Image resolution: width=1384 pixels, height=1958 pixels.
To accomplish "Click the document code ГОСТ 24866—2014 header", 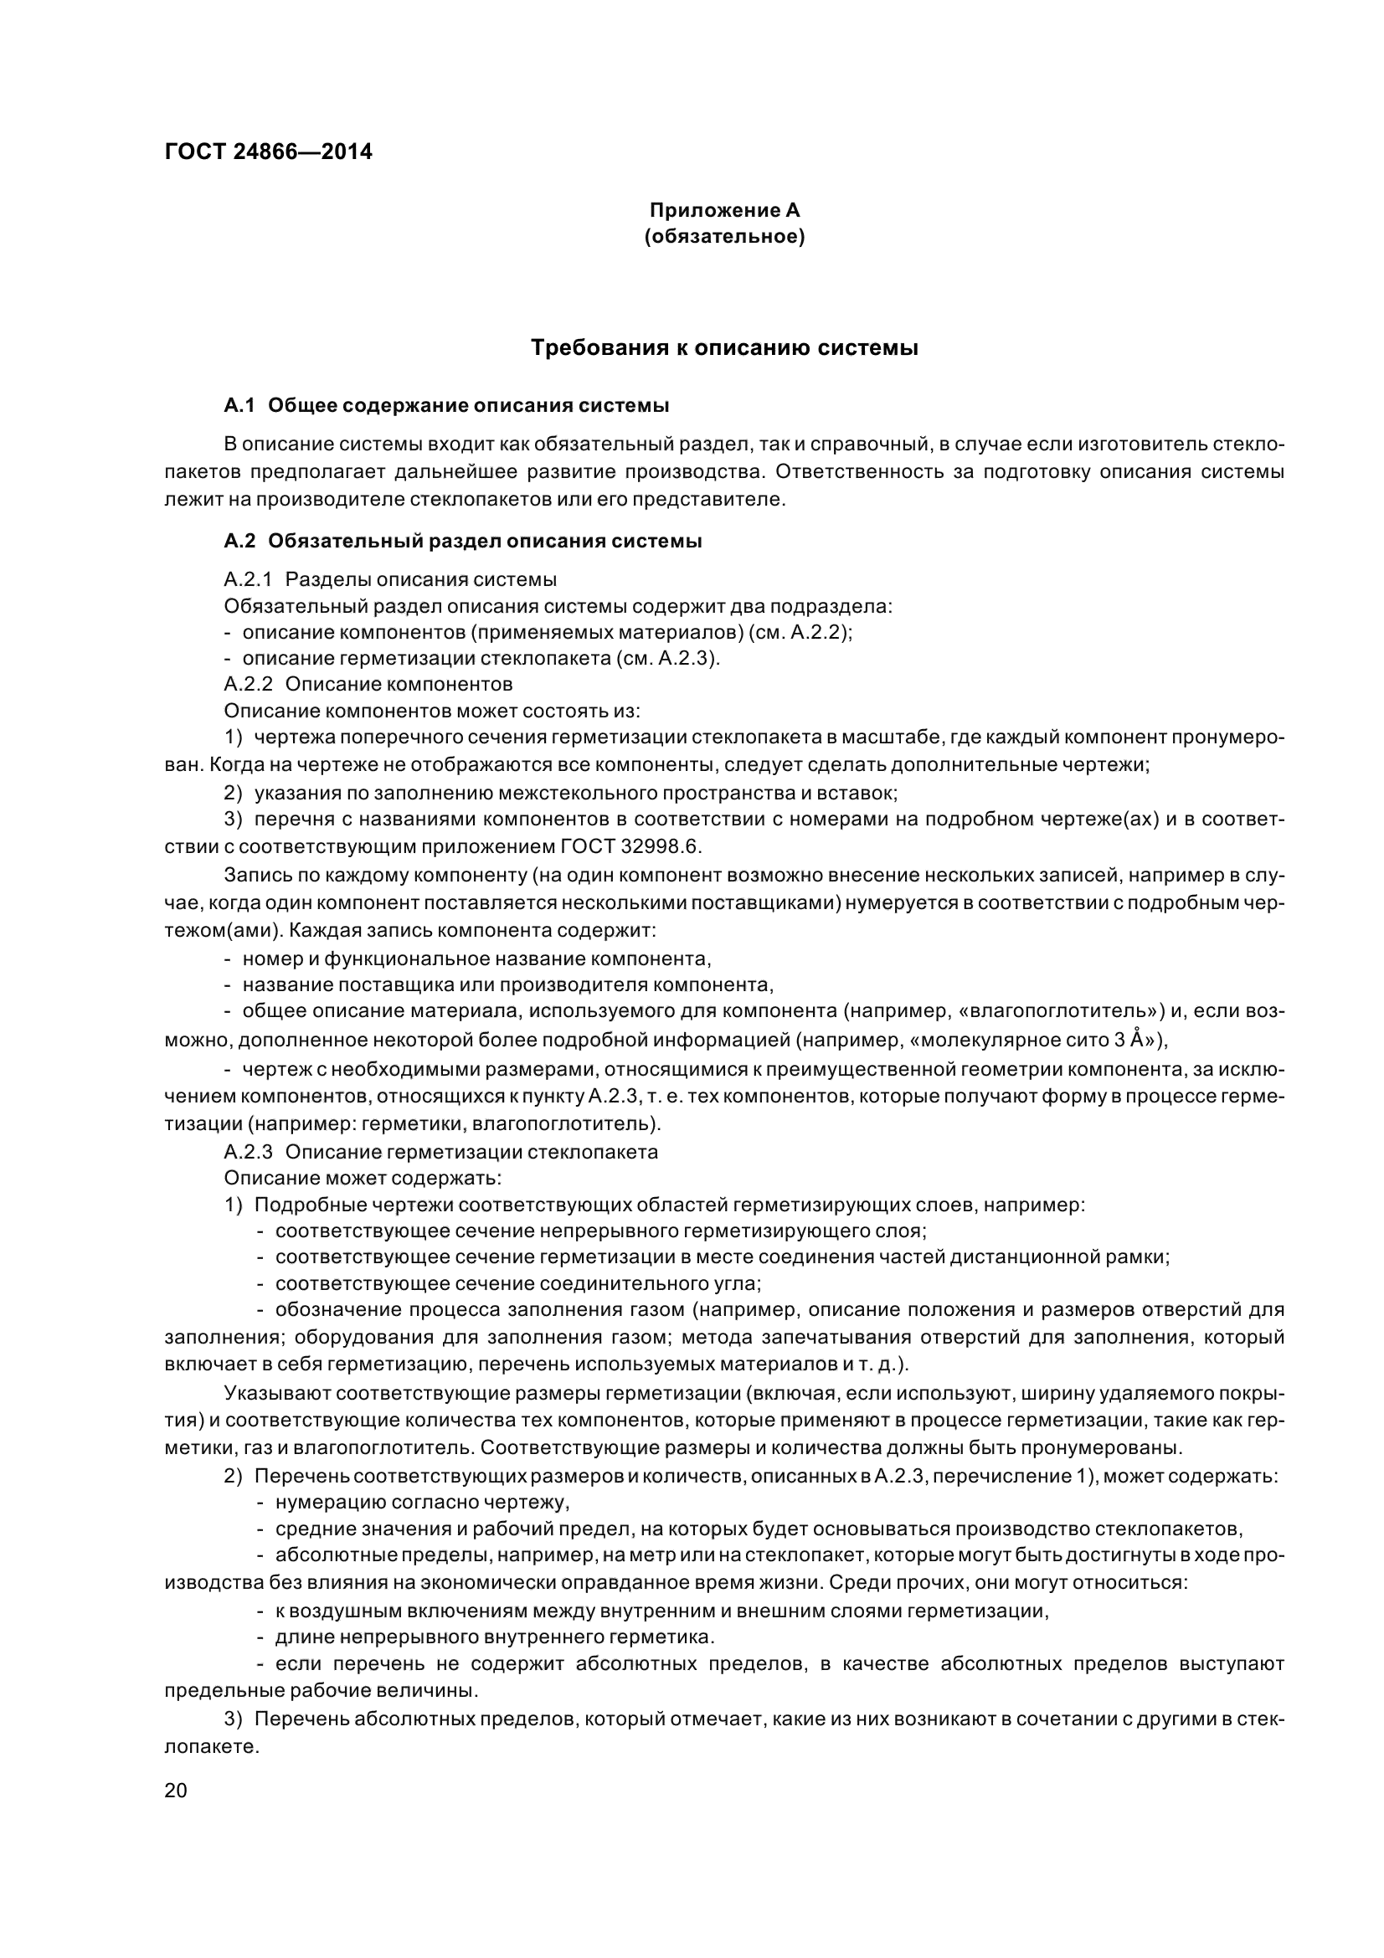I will tap(268, 152).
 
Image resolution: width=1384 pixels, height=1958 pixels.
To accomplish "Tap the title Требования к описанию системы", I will tap(724, 348).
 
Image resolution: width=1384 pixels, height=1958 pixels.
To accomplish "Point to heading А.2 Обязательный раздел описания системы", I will tap(463, 542).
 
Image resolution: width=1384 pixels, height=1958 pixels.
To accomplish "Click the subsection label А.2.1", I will tap(247, 580).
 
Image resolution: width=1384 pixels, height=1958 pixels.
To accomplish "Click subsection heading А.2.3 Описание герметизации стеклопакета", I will tap(441, 1152).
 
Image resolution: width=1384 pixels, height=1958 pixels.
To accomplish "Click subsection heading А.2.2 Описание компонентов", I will tap(368, 685).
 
